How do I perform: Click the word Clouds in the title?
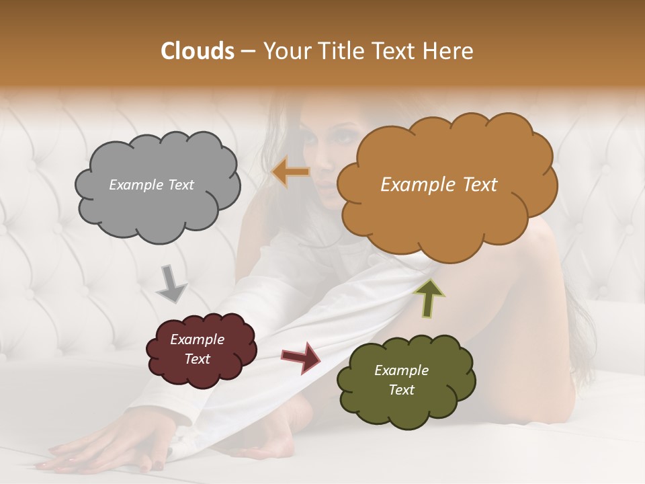pos(197,51)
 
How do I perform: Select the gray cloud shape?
pos(157,185)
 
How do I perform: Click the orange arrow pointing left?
pos(290,173)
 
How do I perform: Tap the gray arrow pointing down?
pos(171,283)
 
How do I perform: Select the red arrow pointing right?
pos(300,356)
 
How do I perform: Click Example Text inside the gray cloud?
pos(151,185)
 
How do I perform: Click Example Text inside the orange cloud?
pos(439,185)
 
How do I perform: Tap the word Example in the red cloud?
pos(197,339)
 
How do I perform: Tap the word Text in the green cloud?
pos(401,390)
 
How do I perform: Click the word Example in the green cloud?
pos(401,370)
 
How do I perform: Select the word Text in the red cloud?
pos(197,359)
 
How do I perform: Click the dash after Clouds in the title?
pos(247,51)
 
